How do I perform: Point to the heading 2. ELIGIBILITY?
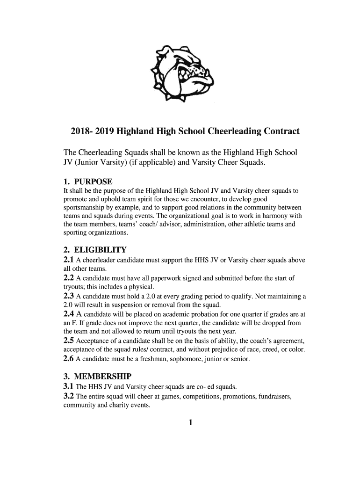[95, 250]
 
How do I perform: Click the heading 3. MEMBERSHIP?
[97, 377]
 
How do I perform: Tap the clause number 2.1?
[69, 260]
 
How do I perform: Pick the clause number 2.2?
[69, 278]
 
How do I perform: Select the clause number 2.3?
[69, 296]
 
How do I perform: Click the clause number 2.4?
[69, 314]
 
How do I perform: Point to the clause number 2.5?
[69, 341]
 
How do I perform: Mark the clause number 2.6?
[69, 359]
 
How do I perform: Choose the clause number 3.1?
[69, 387]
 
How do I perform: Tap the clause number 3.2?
[69, 397]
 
